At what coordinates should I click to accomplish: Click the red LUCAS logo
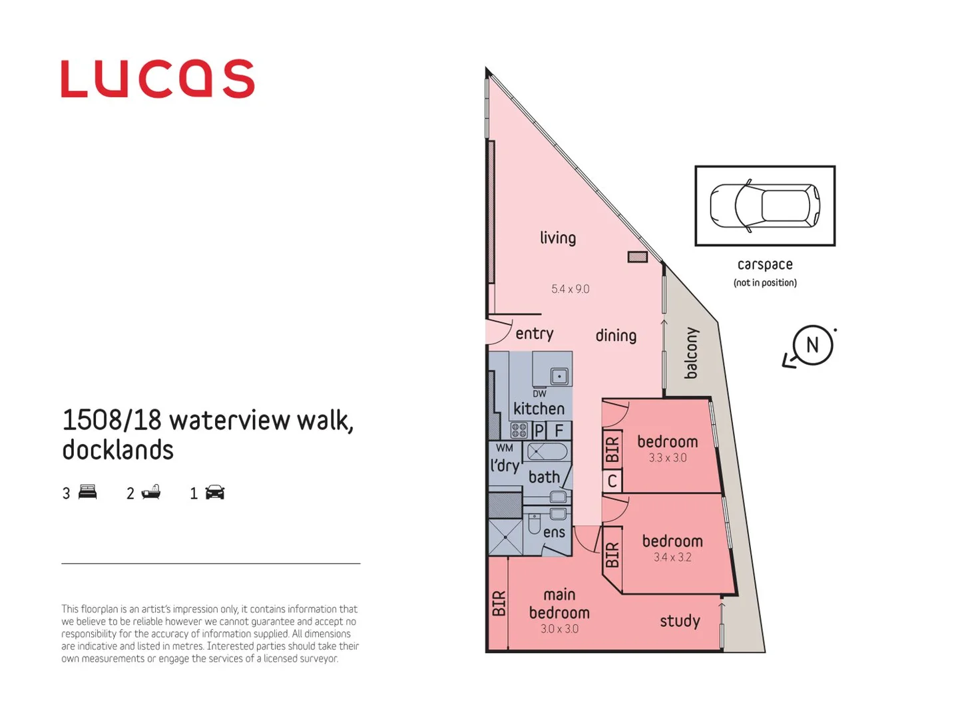(157, 79)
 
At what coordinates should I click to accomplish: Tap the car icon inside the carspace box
(764, 206)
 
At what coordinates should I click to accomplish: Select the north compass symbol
(812, 346)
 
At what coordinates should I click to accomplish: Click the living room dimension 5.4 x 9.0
(570, 289)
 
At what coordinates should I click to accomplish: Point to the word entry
(534, 334)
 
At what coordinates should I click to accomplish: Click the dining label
(616, 336)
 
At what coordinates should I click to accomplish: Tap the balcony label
(692, 353)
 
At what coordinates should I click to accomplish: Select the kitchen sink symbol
(559, 376)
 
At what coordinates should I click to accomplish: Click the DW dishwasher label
(539, 393)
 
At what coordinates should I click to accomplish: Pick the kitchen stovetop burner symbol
(519, 430)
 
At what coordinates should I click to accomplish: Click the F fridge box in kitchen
(559, 431)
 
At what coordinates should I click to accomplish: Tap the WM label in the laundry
(504, 448)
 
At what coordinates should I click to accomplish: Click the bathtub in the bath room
(547, 453)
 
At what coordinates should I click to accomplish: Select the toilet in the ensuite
(534, 525)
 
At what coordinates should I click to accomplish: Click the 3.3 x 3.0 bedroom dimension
(667, 458)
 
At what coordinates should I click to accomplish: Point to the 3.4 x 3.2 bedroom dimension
(672, 557)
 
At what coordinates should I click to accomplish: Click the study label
(680, 621)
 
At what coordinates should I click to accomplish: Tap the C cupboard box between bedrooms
(612, 481)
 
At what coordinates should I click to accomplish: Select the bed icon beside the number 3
(87, 493)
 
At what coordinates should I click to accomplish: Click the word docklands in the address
(118, 450)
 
